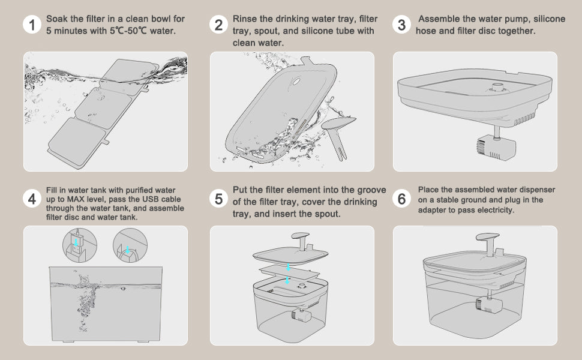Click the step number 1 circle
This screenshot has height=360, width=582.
[31, 25]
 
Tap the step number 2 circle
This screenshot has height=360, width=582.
[218, 25]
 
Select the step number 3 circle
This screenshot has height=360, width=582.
[401, 25]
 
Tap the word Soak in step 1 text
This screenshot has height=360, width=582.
[57, 19]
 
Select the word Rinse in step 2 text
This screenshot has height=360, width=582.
[245, 19]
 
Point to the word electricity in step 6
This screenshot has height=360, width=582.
[495, 211]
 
